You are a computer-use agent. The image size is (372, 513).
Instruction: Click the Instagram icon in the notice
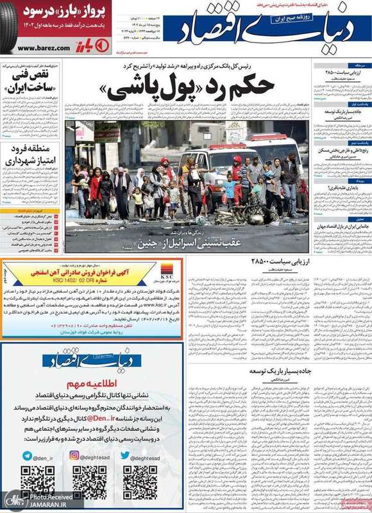pos(74,456)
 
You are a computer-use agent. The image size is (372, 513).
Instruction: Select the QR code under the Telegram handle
pos(37,482)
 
